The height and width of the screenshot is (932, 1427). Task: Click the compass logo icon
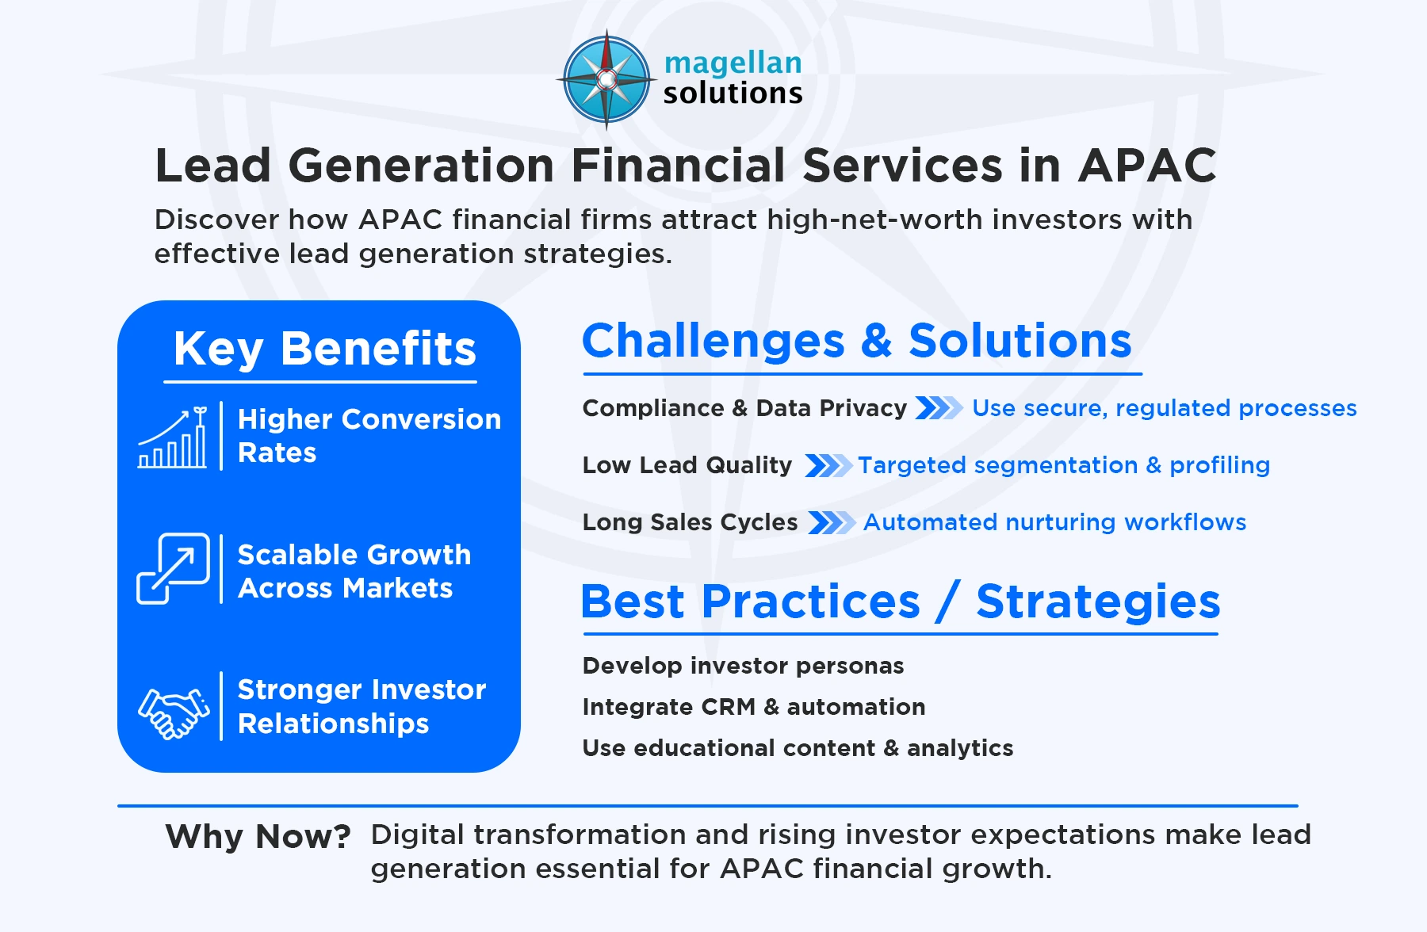[606, 79]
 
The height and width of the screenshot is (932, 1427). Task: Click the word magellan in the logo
[733, 63]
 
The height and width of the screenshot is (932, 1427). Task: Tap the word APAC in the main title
[1146, 166]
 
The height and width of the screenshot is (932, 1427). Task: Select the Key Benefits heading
[324, 349]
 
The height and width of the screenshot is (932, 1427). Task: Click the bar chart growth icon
[173, 438]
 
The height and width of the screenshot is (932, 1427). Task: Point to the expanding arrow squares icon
[173, 568]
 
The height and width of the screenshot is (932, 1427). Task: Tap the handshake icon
[174, 711]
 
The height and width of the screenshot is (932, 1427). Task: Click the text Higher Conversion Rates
[369, 435]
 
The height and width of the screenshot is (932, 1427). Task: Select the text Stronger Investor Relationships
[362, 706]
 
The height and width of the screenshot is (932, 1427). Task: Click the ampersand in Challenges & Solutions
[877, 341]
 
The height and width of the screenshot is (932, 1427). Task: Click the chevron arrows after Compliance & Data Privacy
[939, 408]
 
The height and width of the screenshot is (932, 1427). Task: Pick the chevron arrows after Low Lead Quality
[828, 465]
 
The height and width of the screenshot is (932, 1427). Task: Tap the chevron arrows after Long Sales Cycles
[831, 522]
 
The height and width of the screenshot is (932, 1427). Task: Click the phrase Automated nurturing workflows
[1054, 522]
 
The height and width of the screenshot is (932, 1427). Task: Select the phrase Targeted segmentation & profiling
[1063, 465]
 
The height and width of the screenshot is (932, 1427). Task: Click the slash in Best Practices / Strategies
[948, 602]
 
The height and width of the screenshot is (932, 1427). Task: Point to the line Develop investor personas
[743, 666]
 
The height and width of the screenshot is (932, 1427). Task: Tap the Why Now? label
[258, 837]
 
